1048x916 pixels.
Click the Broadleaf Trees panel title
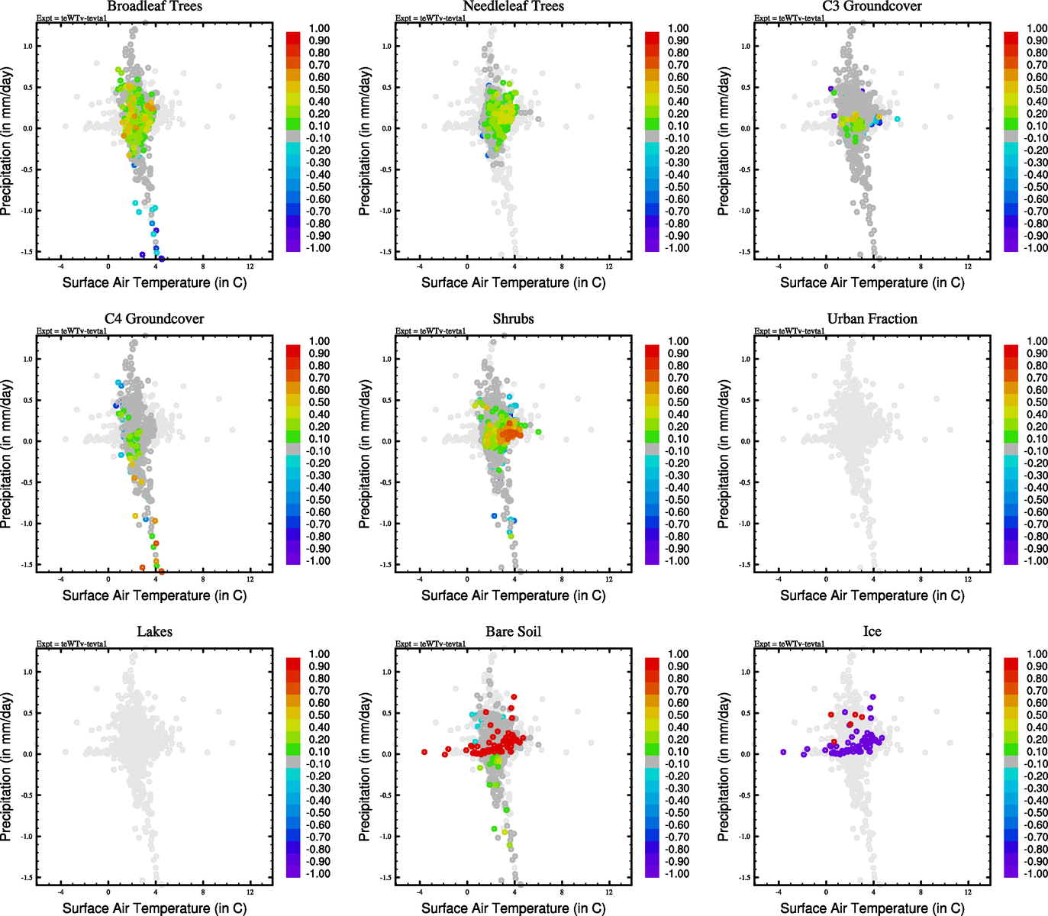[x=154, y=6]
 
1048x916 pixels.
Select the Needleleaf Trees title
[x=513, y=6]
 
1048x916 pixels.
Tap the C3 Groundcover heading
[x=872, y=6]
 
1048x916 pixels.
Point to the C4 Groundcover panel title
[x=154, y=318]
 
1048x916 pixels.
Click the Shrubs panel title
[x=513, y=318]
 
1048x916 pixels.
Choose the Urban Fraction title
[x=872, y=318]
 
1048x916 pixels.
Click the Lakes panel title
[x=154, y=631]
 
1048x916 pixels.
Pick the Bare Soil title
[x=513, y=631]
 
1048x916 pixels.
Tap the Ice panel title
[x=872, y=631]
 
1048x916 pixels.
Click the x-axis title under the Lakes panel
[x=154, y=908]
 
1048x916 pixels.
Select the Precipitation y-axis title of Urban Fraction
[x=724, y=454]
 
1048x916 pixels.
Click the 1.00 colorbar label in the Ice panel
[x=1037, y=654]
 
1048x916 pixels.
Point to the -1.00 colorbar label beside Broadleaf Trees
[x=318, y=248]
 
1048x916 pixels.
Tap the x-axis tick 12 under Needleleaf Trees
[x=609, y=266]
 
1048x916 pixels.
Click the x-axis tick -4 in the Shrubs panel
[x=420, y=579]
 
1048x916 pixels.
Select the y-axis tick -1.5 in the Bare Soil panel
[x=387, y=878]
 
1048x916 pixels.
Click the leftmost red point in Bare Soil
[x=424, y=752]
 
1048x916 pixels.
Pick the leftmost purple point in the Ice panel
[x=783, y=752]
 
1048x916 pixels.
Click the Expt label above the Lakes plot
[x=72, y=643]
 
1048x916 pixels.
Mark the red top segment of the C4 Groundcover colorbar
[x=293, y=350]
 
